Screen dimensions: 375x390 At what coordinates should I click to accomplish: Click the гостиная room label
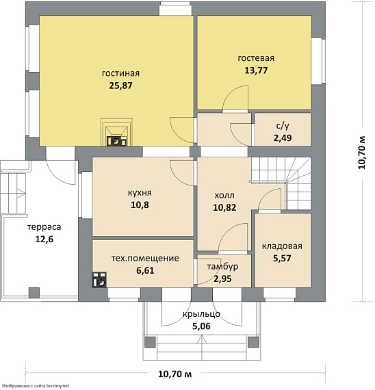(120, 73)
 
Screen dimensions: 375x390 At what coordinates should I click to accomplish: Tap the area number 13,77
(256, 70)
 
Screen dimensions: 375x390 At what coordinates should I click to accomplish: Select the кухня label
(140, 193)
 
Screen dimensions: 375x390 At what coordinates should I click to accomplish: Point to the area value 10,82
(224, 207)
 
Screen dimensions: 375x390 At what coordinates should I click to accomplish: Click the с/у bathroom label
(283, 126)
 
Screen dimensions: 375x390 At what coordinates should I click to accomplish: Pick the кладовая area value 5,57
(282, 258)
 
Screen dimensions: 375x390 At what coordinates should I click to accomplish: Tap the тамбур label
(222, 267)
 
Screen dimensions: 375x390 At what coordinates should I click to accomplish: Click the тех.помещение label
(145, 258)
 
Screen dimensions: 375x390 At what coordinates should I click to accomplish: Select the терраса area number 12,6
(44, 239)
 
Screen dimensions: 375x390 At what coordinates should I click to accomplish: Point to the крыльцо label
(202, 314)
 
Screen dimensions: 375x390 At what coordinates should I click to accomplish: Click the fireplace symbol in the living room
(116, 132)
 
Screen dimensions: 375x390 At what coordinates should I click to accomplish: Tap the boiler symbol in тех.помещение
(99, 280)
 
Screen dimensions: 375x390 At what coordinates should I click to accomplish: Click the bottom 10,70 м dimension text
(175, 374)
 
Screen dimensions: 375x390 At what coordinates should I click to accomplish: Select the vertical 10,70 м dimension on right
(362, 153)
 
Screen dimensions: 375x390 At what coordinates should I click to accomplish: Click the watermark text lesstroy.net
(60, 386)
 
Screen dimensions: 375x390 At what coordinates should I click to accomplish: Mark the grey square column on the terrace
(34, 293)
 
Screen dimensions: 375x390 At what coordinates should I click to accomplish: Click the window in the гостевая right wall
(318, 61)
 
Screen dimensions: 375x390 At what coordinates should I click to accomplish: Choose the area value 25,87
(120, 86)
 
